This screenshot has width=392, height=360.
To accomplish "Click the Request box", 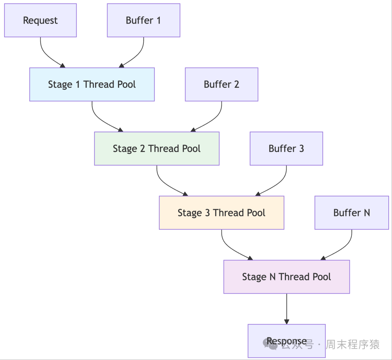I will (40, 20).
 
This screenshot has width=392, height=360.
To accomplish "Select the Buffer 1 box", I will (143, 20).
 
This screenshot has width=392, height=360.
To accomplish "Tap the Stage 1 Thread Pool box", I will (92, 84).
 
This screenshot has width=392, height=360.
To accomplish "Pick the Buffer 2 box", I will (221, 84).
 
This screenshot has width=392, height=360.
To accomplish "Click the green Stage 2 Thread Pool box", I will (156, 149).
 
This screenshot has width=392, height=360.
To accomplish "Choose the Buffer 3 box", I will (286, 149).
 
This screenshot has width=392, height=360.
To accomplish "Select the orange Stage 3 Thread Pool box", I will (221, 213).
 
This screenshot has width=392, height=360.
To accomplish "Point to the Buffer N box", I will (351, 213).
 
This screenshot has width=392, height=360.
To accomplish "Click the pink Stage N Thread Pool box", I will (286, 277).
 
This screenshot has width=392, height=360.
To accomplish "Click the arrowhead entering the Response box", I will (287, 321).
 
